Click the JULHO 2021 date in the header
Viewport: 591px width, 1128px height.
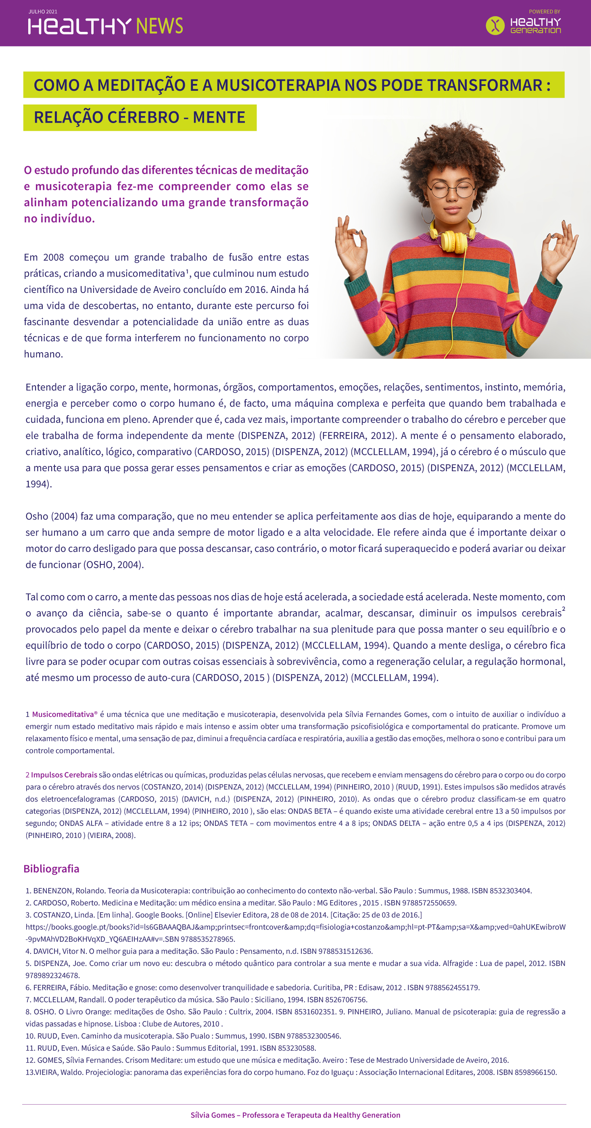42,12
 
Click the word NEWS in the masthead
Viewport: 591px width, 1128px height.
159,26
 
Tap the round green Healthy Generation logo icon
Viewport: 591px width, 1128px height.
495,25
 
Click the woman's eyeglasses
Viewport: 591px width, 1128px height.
451,189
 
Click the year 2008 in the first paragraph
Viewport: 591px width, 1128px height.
53,257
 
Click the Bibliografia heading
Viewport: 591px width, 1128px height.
51,868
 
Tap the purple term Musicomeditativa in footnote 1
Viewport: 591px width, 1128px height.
63,714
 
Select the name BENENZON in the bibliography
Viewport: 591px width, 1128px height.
52,891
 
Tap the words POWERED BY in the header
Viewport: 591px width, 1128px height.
544,12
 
